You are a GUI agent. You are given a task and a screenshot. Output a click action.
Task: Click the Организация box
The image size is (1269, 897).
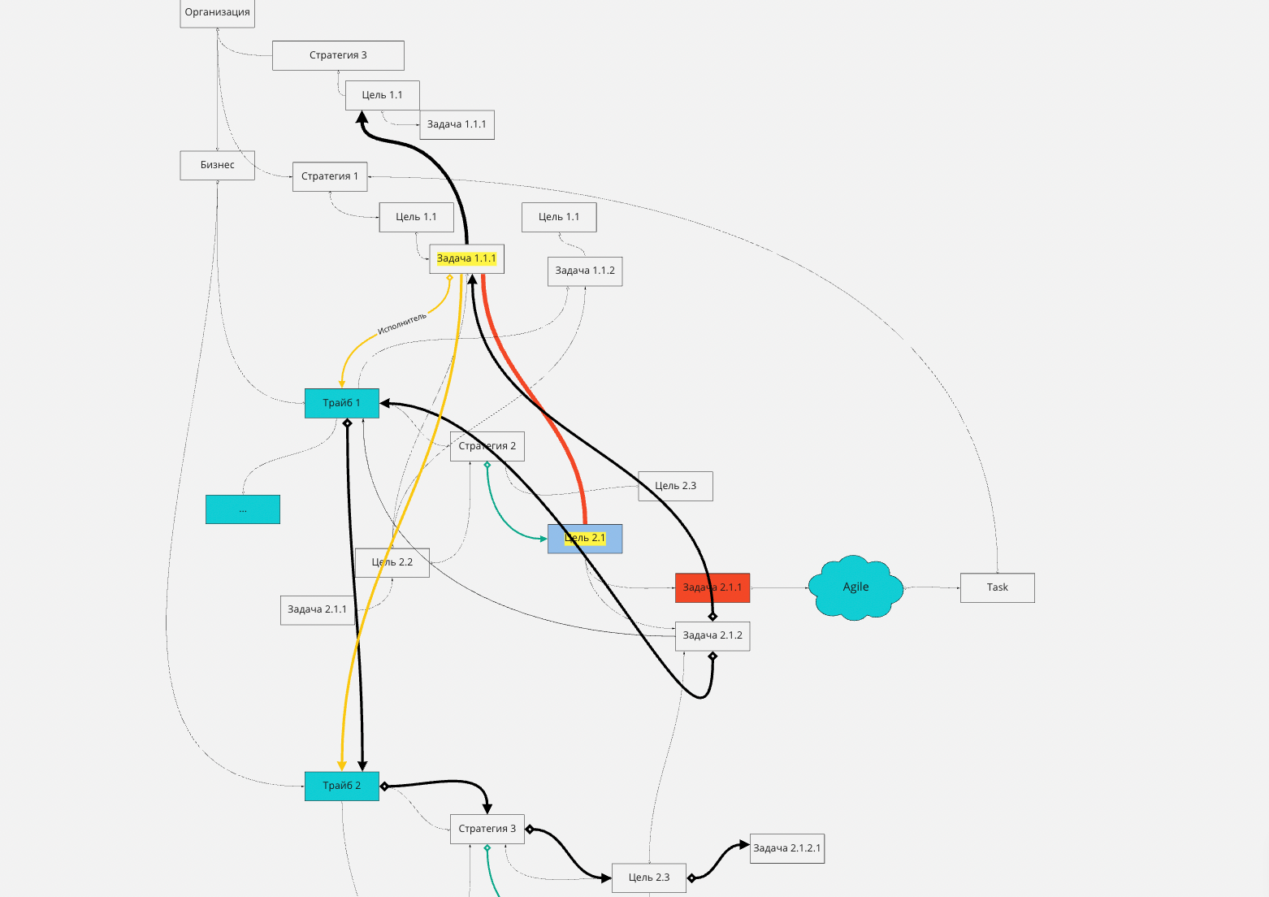pos(217,13)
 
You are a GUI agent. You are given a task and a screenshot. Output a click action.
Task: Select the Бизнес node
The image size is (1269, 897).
pos(217,165)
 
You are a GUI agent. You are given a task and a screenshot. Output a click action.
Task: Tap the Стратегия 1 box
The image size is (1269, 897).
pos(330,176)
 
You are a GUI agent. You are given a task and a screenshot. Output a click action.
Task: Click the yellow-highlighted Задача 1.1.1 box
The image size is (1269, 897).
pos(466,258)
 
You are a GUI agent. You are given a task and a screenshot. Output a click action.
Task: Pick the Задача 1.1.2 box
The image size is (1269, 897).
pos(585,271)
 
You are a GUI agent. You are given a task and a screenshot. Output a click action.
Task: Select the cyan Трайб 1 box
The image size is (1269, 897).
pos(341,403)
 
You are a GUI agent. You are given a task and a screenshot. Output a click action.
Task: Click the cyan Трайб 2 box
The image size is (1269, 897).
pos(341,786)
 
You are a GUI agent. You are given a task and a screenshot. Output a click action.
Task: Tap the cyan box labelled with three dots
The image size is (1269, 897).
pos(242,509)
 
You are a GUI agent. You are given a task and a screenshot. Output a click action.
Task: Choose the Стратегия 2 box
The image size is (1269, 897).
pos(487,446)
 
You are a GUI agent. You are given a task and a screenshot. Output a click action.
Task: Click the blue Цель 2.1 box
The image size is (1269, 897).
pos(585,539)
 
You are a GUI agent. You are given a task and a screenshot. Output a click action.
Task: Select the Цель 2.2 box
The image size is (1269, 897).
pos(392,562)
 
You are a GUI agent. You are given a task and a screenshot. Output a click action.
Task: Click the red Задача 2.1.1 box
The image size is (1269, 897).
pos(712,587)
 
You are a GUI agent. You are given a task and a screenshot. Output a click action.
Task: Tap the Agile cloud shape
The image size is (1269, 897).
pos(855,587)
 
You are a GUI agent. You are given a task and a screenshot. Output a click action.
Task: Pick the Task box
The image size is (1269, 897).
pos(997,587)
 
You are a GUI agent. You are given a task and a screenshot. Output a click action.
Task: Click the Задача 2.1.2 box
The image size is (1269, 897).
pos(712,635)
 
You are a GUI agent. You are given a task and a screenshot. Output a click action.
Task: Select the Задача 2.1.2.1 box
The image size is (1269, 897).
pos(786,848)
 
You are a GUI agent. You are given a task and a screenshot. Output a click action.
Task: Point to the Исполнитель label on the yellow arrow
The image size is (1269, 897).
pos(402,323)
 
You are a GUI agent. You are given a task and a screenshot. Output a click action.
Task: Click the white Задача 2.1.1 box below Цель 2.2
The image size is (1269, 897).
pos(317,609)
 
